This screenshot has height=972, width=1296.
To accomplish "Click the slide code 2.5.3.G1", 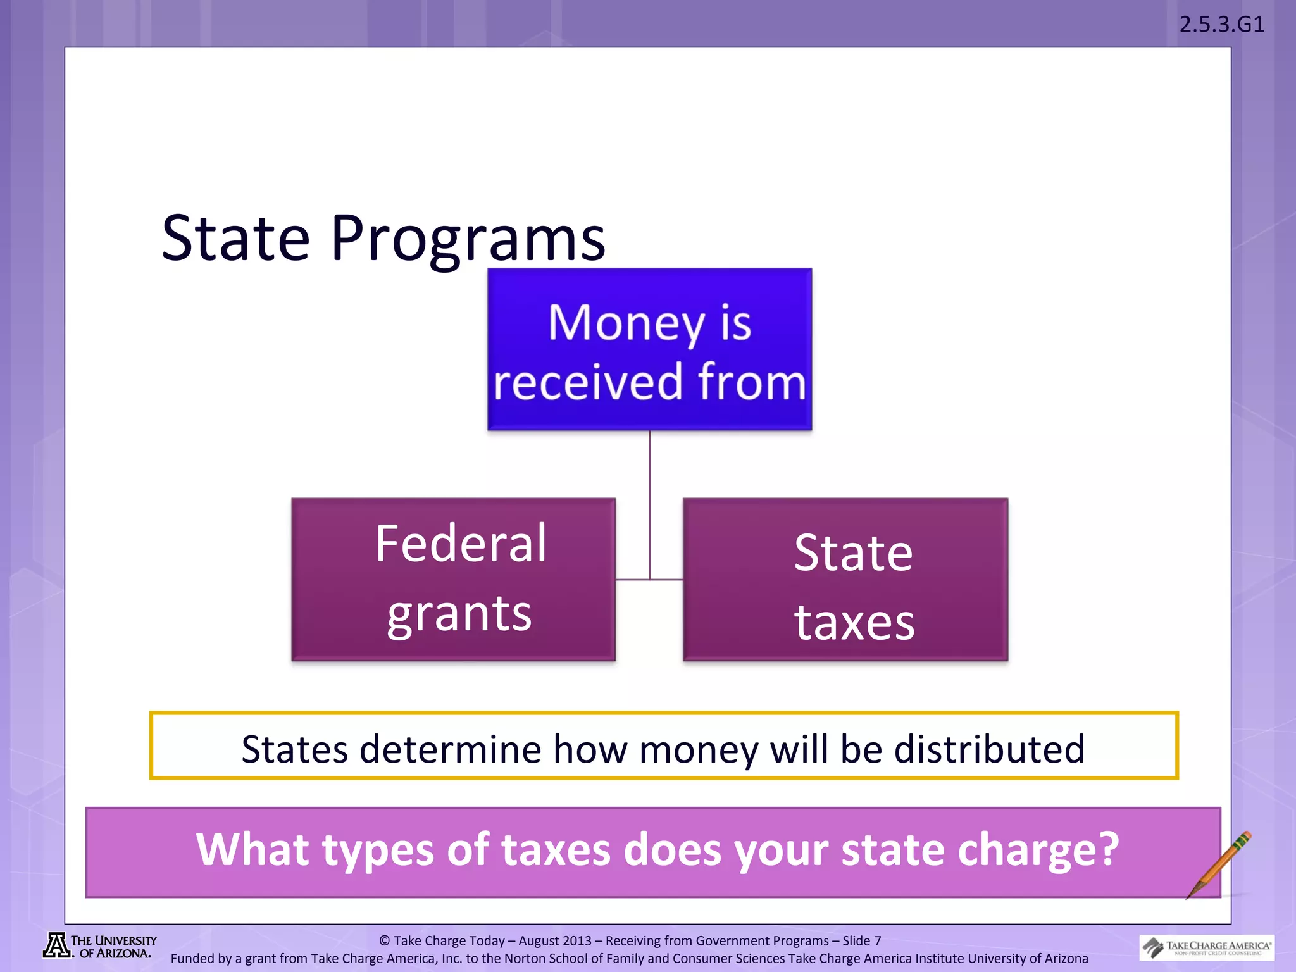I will point(1221,24).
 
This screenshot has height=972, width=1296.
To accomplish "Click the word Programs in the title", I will point(468,239).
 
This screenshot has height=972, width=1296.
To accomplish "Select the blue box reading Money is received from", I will point(649,349).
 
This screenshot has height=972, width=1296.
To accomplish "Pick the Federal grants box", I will point(453,579).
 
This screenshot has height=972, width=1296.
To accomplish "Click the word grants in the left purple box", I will point(459,614).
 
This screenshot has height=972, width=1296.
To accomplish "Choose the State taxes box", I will point(845,579).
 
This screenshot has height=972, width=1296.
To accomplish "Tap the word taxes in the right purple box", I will point(854,623).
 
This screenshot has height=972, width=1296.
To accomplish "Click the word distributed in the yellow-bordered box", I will point(989,749).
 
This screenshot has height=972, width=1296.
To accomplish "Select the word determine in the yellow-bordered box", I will point(450,749).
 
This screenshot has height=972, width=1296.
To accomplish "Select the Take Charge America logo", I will point(1207,947).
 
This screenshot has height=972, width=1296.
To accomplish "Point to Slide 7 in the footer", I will point(861,941).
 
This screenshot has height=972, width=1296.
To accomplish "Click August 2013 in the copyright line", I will point(554,941).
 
